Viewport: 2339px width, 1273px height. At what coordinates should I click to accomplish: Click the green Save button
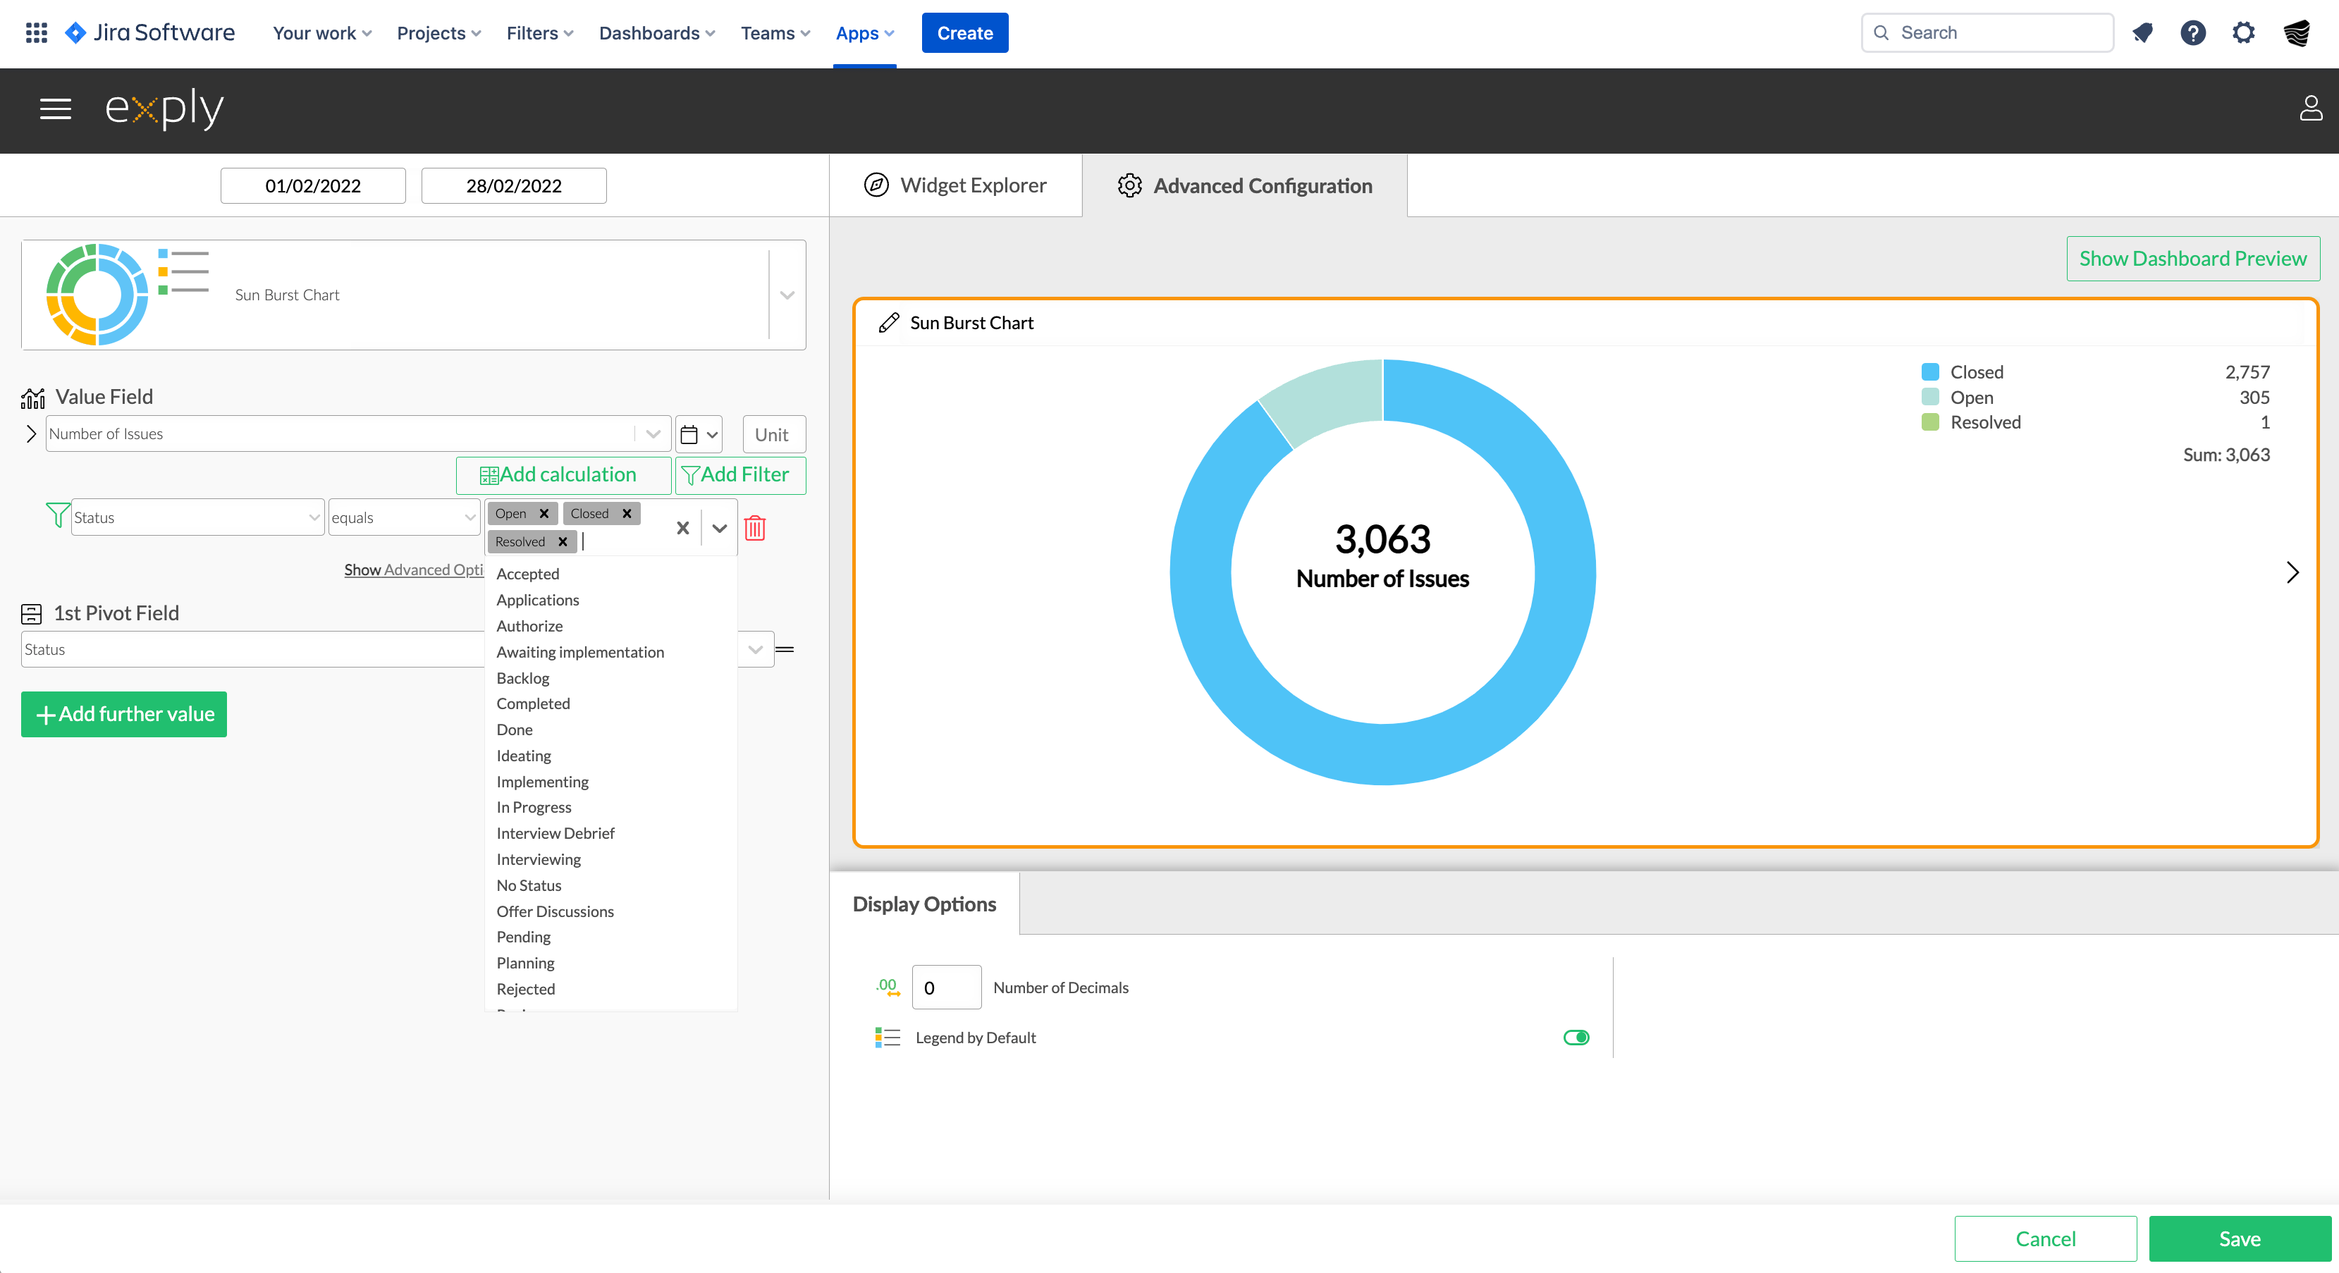pyautogui.click(x=2239, y=1238)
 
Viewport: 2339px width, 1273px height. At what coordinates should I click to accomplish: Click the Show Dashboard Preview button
pyautogui.click(x=2193, y=259)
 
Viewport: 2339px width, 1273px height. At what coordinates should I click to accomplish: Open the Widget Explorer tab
pyautogui.click(x=955, y=185)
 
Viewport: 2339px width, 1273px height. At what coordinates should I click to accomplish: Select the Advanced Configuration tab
pyautogui.click(x=1245, y=185)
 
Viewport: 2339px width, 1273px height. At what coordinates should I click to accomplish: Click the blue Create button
pyautogui.click(x=964, y=32)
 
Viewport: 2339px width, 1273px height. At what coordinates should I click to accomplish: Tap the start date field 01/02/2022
pyautogui.click(x=313, y=186)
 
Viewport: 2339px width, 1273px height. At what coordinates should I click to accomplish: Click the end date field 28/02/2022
pyautogui.click(x=514, y=186)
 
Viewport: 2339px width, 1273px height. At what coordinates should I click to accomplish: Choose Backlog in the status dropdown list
pyautogui.click(x=523, y=678)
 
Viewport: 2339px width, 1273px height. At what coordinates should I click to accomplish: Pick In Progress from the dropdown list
pyautogui.click(x=534, y=807)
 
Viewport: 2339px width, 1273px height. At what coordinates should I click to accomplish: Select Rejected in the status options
pyautogui.click(x=526, y=989)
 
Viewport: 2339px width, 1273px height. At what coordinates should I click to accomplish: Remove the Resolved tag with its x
pyautogui.click(x=563, y=542)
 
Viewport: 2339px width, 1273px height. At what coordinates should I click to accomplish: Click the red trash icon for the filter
pyautogui.click(x=754, y=527)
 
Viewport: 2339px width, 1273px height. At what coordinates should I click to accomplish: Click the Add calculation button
pyautogui.click(x=563, y=475)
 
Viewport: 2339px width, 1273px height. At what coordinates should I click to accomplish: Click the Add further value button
pyautogui.click(x=124, y=715)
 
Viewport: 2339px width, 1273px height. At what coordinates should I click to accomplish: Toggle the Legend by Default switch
pyautogui.click(x=1576, y=1038)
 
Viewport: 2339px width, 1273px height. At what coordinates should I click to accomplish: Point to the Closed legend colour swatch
pyautogui.click(x=1930, y=372)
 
